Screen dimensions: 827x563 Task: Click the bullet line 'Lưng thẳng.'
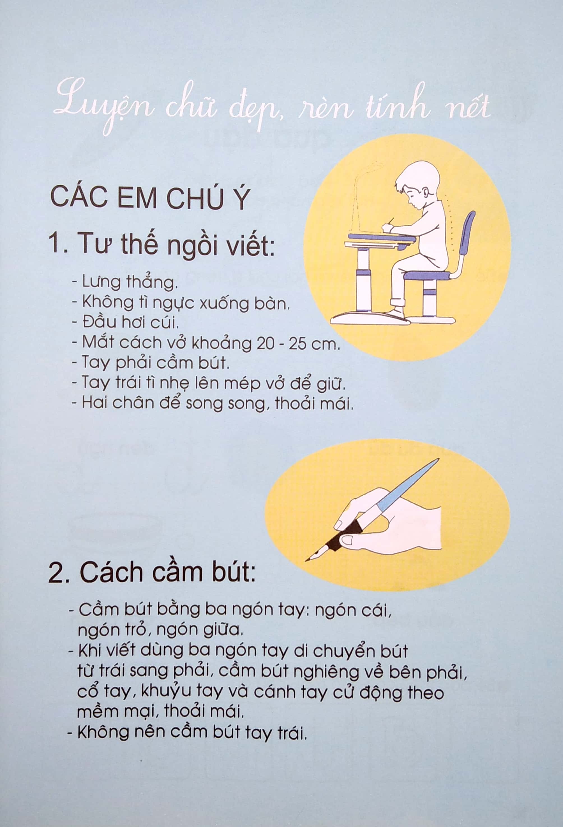coord(125,282)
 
